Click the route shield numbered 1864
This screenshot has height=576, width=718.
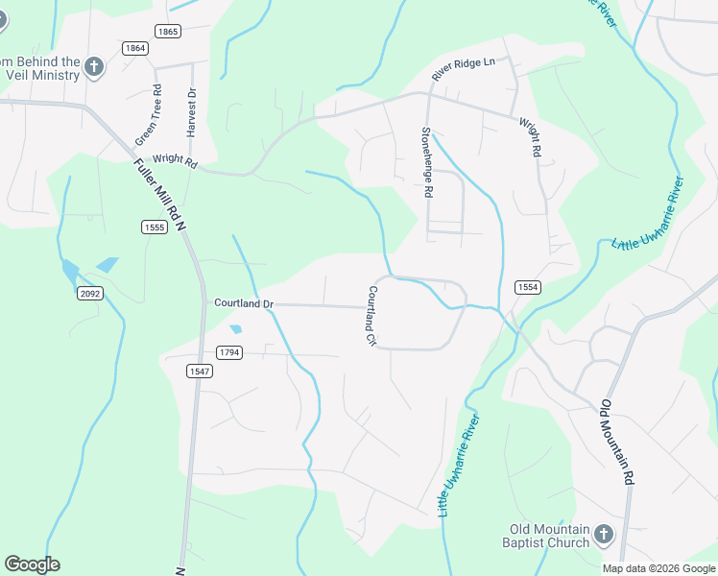pos(135,48)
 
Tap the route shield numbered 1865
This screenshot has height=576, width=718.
pos(167,32)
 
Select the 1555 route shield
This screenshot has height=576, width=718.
pos(154,227)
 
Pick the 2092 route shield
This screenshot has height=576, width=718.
pos(90,294)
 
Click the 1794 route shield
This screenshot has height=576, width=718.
pos(228,352)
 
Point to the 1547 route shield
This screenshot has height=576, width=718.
pos(200,371)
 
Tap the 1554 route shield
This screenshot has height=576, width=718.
pos(527,287)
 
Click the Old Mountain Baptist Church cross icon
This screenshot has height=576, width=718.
pos(604,534)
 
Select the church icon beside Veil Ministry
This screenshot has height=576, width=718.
pos(94,66)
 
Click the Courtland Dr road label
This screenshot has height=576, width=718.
pos(244,303)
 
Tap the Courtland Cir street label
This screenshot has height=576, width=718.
pos(371,316)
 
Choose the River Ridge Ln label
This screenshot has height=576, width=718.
pos(463,69)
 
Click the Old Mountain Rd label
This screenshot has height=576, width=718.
pos(618,442)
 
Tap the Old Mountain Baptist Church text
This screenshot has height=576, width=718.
pos(549,536)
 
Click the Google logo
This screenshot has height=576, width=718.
pos(32,564)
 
